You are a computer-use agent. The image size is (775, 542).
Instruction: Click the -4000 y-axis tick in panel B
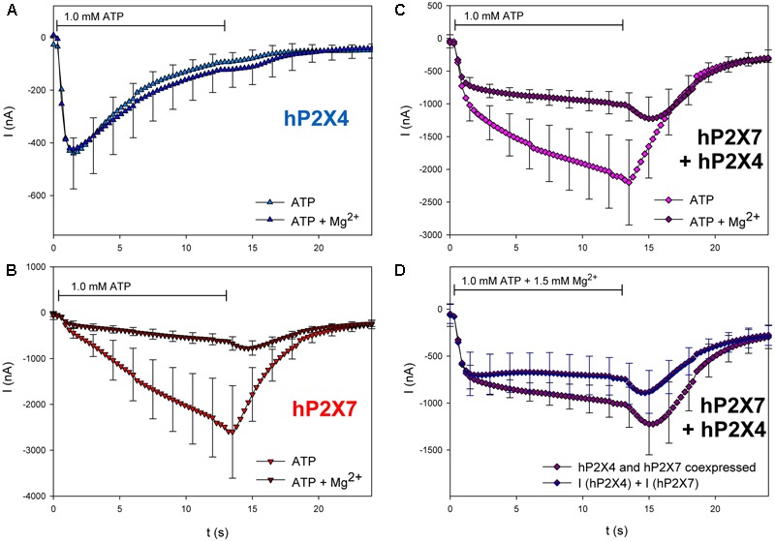click(32, 496)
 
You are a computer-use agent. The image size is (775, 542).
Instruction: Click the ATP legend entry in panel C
click(695, 204)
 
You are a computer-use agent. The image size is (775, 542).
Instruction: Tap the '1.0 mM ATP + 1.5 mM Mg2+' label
click(531, 282)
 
